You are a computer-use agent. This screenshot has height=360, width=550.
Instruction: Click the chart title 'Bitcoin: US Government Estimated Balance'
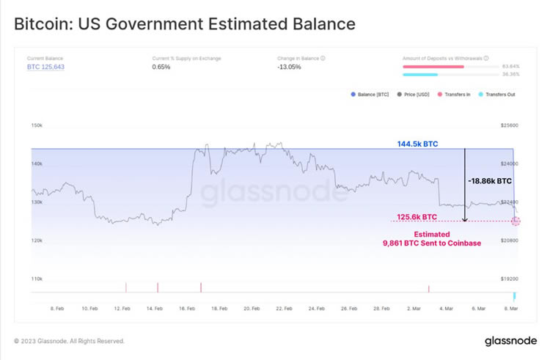(x=185, y=23)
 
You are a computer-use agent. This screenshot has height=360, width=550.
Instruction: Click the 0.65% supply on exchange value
(x=161, y=67)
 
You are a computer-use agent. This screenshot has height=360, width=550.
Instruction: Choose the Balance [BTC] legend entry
(x=373, y=95)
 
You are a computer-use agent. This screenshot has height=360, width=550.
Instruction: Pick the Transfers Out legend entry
(x=500, y=95)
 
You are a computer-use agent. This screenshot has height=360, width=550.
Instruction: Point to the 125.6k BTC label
(x=417, y=217)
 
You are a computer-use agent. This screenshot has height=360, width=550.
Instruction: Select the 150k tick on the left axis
(x=36, y=125)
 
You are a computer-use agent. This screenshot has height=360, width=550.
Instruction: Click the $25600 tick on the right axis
(x=509, y=125)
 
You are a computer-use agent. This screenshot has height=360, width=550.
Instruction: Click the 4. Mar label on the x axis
(x=445, y=309)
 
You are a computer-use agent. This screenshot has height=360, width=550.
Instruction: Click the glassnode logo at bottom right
(x=510, y=341)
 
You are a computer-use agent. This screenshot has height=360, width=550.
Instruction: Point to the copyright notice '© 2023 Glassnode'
(x=70, y=341)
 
